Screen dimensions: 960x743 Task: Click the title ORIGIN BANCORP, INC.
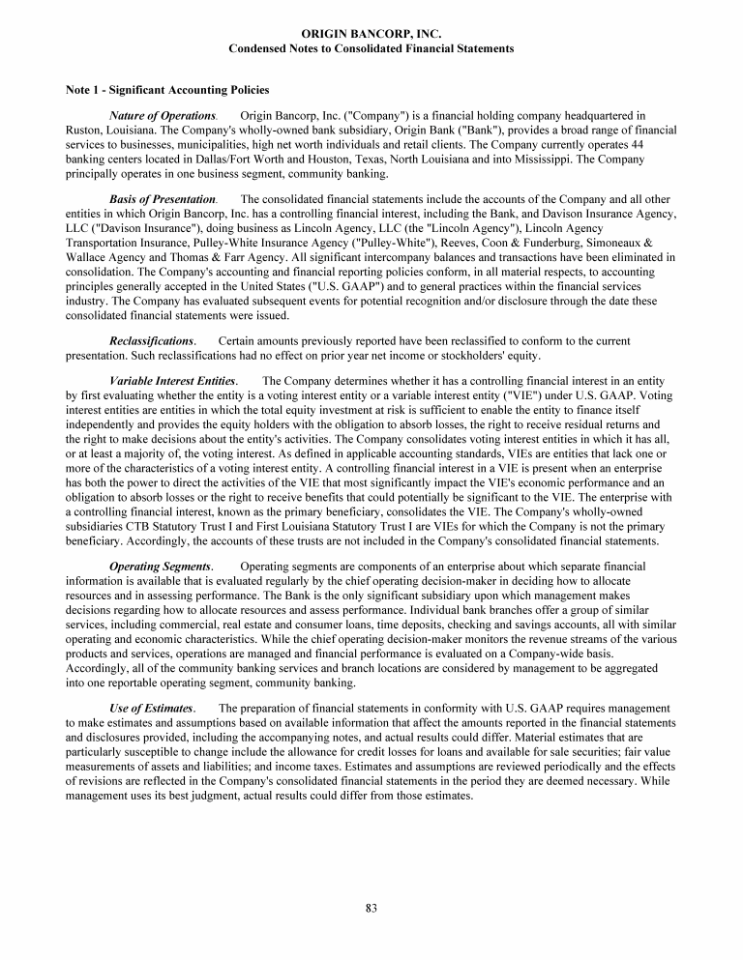pyautogui.click(x=371, y=34)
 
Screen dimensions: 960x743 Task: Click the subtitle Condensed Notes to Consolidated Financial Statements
pyautogui.click(x=371, y=48)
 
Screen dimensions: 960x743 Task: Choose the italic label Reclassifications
pyautogui.click(x=153, y=341)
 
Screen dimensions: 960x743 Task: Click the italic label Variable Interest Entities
pyautogui.click(x=173, y=382)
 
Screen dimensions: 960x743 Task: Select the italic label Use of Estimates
pyautogui.click(x=152, y=709)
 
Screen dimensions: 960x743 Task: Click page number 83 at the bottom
pyautogui.click(x=371, y=908)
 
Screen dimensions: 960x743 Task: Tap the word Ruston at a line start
pyautogui.click(x=83, y=131)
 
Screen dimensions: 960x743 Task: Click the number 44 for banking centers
pyautogui.click(x=666, y=144)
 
